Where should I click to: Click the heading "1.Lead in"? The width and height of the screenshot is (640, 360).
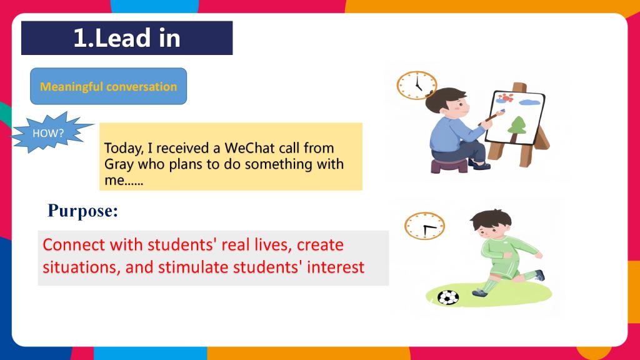pos(127,38)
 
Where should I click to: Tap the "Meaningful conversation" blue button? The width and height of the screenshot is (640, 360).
pos(109,86)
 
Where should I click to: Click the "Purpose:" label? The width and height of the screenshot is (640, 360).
pos(83,211)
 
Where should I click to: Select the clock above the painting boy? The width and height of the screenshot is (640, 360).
pos(417,85)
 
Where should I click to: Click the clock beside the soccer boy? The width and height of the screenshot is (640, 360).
pos(424,226)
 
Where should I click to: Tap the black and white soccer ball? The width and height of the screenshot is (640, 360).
pos(448,297)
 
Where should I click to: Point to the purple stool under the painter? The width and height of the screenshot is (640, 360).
pos(449,166)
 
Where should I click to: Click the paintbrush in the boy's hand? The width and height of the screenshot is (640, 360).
pos(491,117)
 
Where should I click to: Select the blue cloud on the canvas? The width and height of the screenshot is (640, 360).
pos(531,102)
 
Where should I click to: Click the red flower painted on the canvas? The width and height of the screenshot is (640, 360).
pos(506,97)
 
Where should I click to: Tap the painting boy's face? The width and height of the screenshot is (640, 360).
pos(460,107)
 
